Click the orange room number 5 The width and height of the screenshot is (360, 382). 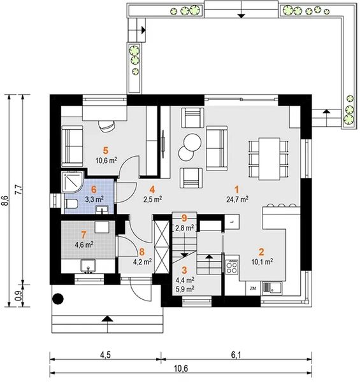click(x=105, y=150)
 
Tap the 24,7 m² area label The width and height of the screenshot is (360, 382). click(x=238, y=199)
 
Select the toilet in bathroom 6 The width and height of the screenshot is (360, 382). click(x=71, y=204)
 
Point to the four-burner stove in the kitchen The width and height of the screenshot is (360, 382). click(x=231, y=267)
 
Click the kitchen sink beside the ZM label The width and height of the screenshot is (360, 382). click(x=272, y=287)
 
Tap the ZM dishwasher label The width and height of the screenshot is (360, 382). click(x=253, y=288)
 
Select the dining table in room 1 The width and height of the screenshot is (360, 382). click(x=269, y=159)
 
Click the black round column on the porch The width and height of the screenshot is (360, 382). click(x=58, y=299)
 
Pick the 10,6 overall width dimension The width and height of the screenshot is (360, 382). click(x=181, y=369)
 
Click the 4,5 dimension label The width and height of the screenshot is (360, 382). click(x=105, y=355)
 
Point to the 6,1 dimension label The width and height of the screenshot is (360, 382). click(x=236, y=355)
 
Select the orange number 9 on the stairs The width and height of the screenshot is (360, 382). click(x=184, y=218)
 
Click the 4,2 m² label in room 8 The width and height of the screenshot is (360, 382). click(x=142, y=262)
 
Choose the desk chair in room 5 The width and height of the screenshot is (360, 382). click(x=106, y=125)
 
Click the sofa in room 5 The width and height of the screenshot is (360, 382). click(x=72, y=146)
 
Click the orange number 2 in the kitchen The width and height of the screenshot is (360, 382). click(x=261, y=252)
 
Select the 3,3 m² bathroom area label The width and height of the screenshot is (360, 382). click(x=94, y=199)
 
